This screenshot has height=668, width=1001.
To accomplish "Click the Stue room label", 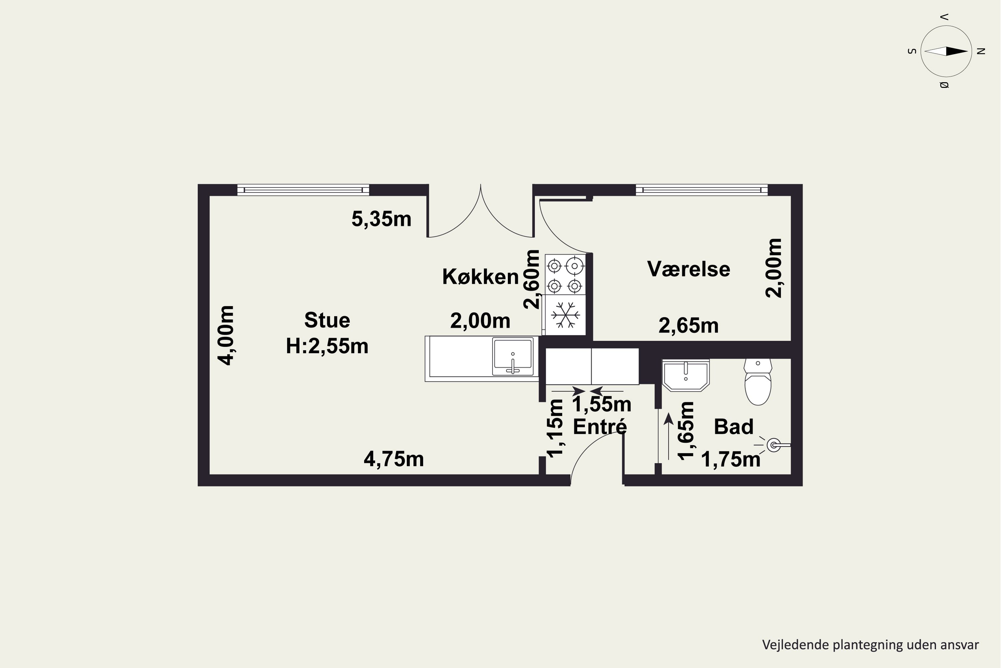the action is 327,320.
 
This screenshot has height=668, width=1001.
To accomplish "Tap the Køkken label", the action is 480,277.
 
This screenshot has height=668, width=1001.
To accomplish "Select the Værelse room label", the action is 689,269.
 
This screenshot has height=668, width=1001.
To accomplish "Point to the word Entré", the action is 600,427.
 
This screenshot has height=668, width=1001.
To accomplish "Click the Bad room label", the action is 734,427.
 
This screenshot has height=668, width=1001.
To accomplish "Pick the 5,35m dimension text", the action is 381,219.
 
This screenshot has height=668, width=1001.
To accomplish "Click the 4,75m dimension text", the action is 394,459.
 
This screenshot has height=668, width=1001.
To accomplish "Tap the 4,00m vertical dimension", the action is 226,335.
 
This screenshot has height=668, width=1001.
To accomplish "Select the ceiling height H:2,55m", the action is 327,346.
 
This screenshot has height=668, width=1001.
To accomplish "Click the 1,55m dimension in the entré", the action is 602,404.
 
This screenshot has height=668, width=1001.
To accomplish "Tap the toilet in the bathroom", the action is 758,382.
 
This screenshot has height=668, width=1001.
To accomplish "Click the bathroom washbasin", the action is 686,375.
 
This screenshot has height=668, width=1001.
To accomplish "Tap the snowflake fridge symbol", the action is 565,315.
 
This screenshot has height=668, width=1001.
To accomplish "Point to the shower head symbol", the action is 773,445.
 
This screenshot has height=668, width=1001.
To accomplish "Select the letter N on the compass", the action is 981,51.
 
